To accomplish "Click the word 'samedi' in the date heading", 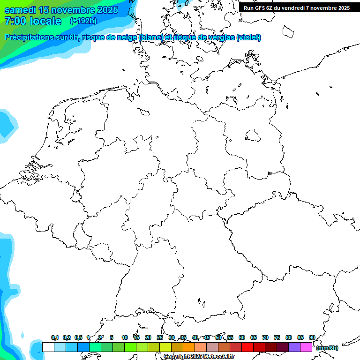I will (x=20, y=10).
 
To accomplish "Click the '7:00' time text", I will (x=15, y=21).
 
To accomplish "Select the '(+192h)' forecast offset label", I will (x=83, y=21).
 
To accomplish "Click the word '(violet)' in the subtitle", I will (x=248, y=37).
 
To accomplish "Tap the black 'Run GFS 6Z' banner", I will (x=296, y=8).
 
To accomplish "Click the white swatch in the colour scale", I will (x=48, y=347).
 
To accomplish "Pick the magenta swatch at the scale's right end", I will (x=306, y=347).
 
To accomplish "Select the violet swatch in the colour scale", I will (x=294, y=347).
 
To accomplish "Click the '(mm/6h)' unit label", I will (x=327, y=348).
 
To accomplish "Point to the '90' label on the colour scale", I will (x=312, y=337).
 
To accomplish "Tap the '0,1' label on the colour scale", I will (x=54, y=337).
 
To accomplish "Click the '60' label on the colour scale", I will (x=241, y=337).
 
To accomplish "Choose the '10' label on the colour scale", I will (x=124, y=337).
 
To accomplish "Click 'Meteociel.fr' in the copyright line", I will (x=218, y=357).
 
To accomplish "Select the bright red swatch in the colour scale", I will (x=247, y=347).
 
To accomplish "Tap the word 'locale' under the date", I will (x=46, y=21).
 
